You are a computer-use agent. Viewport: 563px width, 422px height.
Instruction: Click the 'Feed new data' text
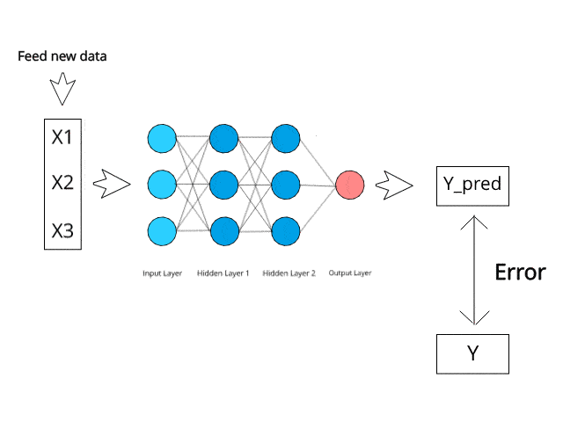pos(62,57)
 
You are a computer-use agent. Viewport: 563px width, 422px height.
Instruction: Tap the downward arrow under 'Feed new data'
pos(62,89)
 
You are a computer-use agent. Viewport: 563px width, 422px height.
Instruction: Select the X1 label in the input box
pos(62,138)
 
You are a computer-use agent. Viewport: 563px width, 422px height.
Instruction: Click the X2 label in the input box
pos(62,184)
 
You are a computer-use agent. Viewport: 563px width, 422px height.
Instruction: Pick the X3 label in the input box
pos(62,231)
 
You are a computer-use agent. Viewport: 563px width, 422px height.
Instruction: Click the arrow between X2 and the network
pos(111,184)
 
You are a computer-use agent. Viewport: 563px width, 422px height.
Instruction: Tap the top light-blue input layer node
pos(163,138)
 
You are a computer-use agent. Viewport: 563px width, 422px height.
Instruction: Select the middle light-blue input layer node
pos(163,185)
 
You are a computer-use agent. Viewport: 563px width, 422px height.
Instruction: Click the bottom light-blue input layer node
pos(163,230)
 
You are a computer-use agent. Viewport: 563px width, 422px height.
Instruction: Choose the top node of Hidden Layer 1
pos(224,138)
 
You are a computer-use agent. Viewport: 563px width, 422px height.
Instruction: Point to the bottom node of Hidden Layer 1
pos(224,230)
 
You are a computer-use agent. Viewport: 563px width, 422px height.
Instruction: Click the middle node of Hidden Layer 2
pos(286,185)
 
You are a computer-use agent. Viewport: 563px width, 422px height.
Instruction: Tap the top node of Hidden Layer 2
pos(286,138)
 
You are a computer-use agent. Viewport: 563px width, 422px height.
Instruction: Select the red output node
pos(349,185)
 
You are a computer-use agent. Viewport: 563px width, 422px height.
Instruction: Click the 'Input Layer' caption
pos(163,273)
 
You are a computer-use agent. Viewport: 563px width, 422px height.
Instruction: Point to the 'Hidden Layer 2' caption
pos(289,273)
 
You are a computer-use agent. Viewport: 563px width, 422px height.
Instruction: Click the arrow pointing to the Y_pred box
pos(394,185)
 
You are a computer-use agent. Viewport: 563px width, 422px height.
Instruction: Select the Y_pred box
pos(472,185)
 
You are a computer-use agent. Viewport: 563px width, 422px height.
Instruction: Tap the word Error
pos(519,272)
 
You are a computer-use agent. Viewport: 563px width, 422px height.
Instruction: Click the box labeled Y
pos(472,353)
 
